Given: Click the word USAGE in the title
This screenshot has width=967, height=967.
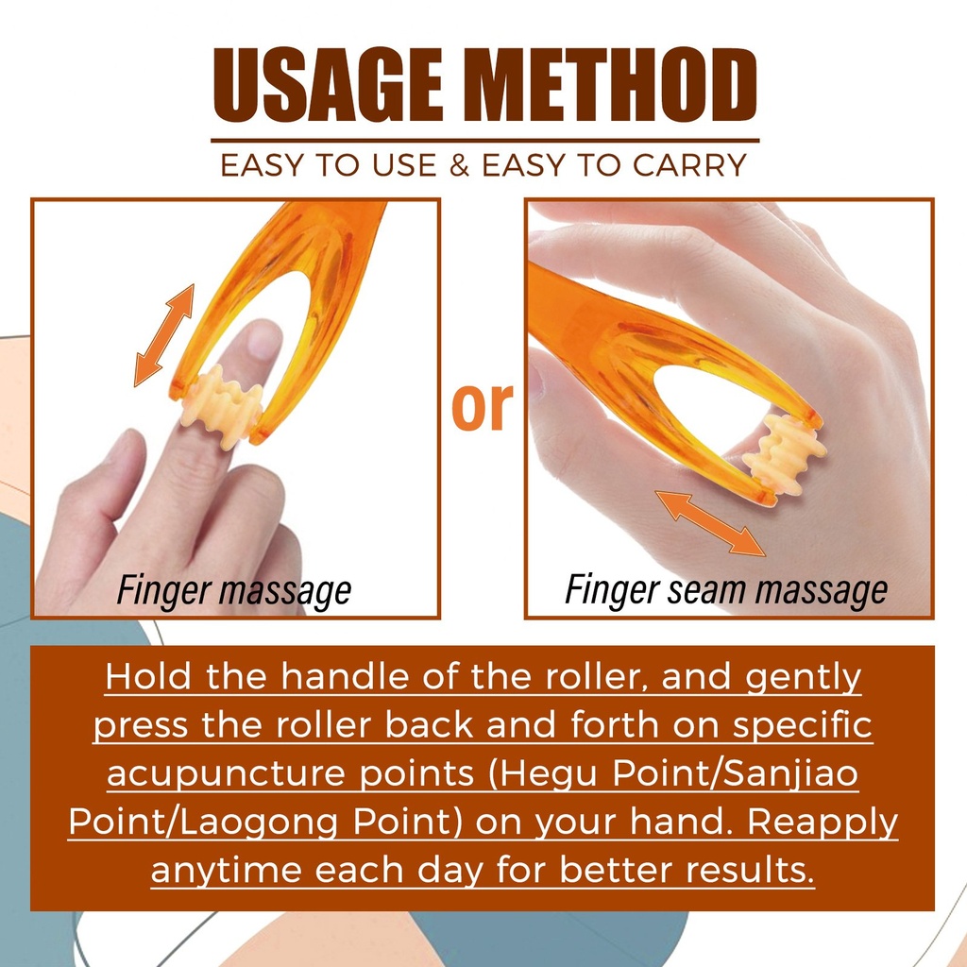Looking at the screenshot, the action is point(328,84).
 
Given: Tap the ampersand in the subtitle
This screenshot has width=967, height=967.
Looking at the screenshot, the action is point(460,165).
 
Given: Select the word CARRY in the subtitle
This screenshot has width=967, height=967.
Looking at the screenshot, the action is point(689,165).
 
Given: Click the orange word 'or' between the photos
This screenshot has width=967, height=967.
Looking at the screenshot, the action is point(483,406).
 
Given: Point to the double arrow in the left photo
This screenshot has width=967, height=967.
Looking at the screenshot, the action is point(164,335).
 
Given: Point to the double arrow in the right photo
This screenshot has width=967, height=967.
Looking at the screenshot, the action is point(710,523).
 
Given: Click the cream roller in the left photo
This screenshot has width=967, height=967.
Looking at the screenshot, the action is point(221,406).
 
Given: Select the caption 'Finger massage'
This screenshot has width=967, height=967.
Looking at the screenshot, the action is point(234,590).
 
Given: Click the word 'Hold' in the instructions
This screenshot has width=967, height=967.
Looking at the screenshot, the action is point(148,676).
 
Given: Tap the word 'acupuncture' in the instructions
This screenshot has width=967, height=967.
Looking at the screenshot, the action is point(226,774).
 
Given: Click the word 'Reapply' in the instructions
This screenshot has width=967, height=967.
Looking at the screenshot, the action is point(823,823).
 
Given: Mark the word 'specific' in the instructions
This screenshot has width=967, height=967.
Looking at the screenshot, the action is point(803,725).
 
